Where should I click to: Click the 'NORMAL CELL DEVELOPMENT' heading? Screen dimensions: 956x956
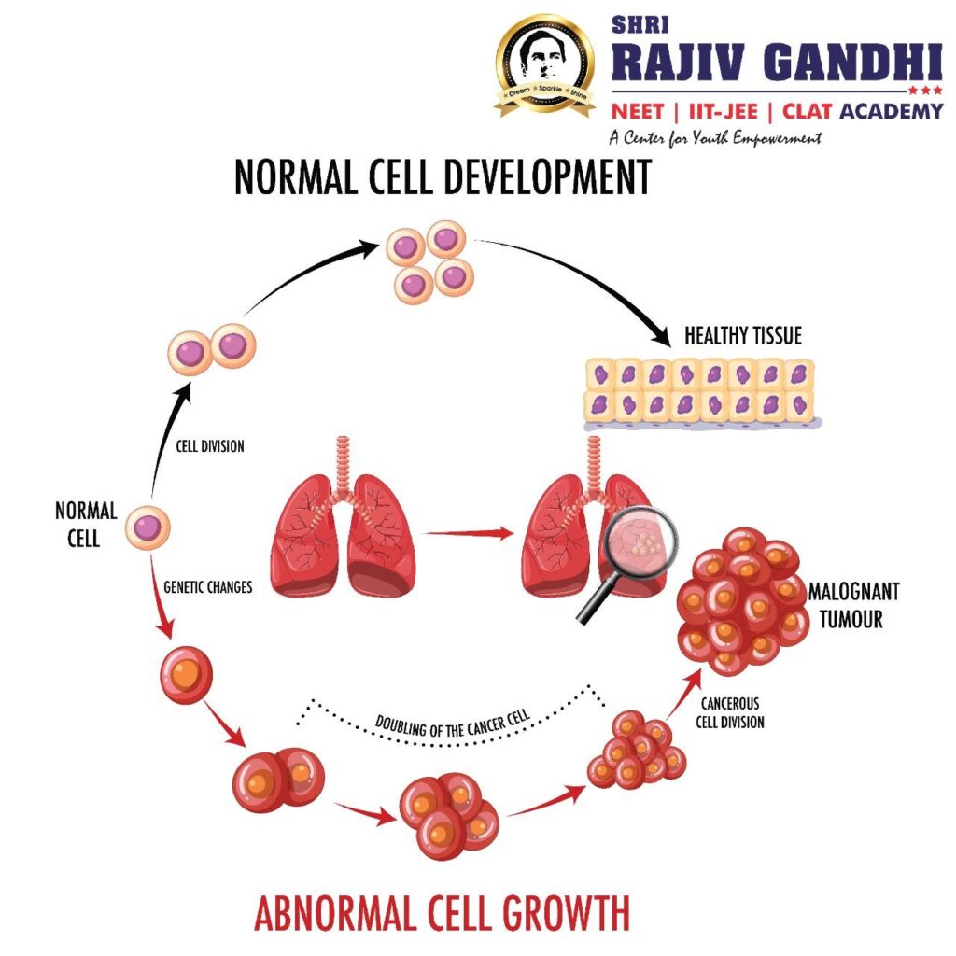(442, 177)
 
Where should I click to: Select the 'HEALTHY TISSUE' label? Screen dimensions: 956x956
(742, 336)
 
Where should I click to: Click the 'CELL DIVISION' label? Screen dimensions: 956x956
(210, 446)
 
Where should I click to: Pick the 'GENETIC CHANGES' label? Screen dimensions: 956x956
(207, 589)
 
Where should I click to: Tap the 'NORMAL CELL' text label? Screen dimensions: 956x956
(86, 524)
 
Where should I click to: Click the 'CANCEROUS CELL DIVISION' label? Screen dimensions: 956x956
(731, 712)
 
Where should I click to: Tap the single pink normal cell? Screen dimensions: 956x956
(149, 527)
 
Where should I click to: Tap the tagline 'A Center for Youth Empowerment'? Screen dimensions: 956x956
(714, 138)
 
